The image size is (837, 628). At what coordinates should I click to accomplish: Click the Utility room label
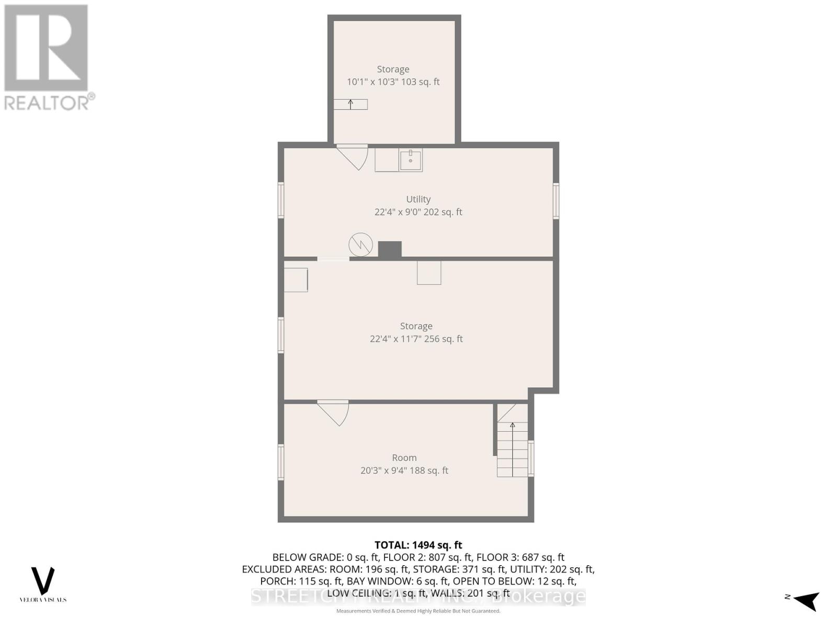click(418, 199)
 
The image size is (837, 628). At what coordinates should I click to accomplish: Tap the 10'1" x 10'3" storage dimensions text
click(393, 82)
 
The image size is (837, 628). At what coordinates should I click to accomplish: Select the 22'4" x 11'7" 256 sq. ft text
click(416, 339)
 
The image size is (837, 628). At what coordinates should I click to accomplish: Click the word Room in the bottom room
click(404, 457)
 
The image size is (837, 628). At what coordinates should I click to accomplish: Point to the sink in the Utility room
click(411, 160)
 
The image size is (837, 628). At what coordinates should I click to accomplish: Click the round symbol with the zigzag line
click(360, 244)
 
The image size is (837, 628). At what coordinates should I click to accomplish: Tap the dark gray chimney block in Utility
click(390, 249)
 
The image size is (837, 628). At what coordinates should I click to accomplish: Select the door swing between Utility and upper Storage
click(354, 156)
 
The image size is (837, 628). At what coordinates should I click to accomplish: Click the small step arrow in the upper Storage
click(350, 104)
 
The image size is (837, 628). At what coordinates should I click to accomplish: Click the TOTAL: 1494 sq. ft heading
click(418, 545)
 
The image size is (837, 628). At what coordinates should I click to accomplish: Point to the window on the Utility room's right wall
click(556, 200)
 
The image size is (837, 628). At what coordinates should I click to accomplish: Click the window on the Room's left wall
click(281, 462)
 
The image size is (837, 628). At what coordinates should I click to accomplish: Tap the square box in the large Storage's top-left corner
click(296, 279)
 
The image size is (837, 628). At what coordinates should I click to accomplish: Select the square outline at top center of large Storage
click(428, 273)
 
